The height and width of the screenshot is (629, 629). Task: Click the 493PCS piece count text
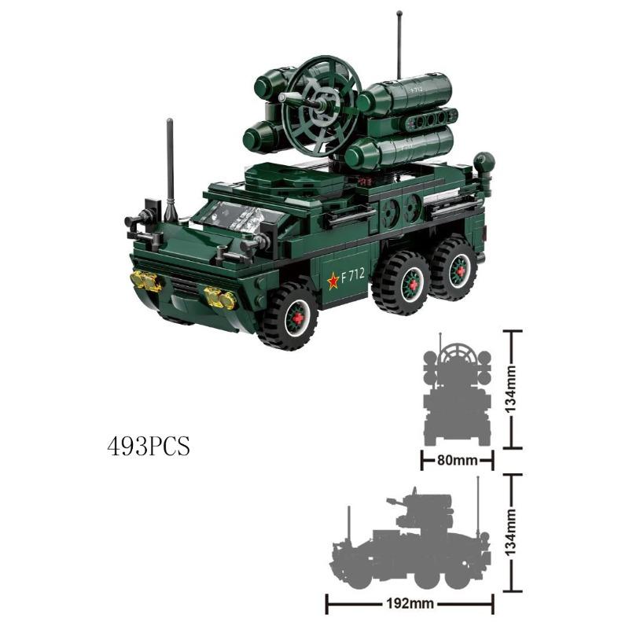[x=149, y=446]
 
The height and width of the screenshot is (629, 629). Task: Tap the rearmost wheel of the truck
[x=454, y=270]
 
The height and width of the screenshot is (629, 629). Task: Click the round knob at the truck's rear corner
[x=484, y=163]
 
